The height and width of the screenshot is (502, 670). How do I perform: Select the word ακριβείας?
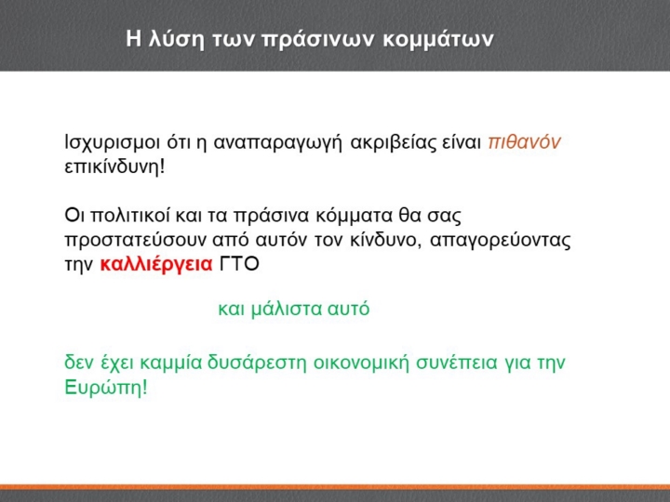tap(393, 143)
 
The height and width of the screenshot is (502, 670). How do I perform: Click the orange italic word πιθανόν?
tap(524, 142)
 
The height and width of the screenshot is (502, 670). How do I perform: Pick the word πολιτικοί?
tap(130, 216)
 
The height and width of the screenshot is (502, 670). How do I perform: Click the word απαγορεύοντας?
tap(501, 241)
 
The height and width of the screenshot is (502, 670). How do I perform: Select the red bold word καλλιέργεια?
tap(156, 265)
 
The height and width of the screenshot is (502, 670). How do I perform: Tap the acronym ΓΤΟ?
tap(239, 264)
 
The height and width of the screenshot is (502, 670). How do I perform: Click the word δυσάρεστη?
tap(257, 363)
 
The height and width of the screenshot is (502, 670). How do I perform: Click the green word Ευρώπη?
tap(102, 388)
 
